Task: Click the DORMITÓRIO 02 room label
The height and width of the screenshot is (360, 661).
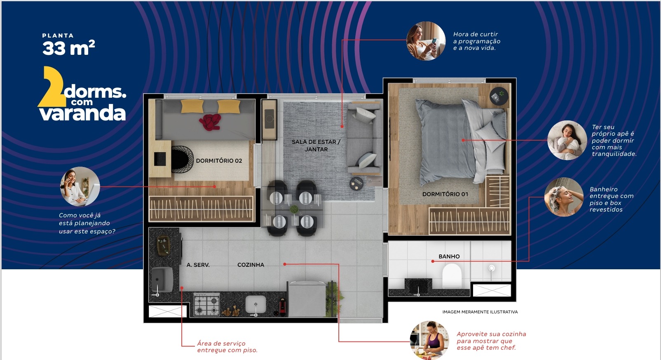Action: point(219,161)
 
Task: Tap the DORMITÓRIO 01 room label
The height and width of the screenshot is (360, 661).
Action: point(445,194)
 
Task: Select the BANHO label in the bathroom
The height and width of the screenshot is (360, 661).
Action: point(449,256)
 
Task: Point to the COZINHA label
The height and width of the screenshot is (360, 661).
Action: point(251,265)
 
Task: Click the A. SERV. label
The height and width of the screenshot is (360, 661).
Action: point(198,265)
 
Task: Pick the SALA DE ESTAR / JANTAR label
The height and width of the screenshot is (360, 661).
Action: point(316,146)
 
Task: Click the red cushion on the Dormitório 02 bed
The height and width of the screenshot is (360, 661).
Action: point(210,122)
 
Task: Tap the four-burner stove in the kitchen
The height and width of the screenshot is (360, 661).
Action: point(206,304)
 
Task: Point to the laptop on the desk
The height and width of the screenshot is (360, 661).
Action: point(159,159)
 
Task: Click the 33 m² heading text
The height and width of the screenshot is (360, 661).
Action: point(68,48)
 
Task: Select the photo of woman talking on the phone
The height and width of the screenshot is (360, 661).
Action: point(80,186)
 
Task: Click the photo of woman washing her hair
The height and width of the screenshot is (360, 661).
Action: point(564,197)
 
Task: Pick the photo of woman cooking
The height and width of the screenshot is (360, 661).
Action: point(430,340)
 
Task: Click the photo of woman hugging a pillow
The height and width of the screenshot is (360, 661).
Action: point(567,140)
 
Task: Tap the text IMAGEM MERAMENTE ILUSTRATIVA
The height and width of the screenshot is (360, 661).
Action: point(480,312)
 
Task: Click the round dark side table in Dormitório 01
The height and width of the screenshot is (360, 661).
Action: point(499,96)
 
